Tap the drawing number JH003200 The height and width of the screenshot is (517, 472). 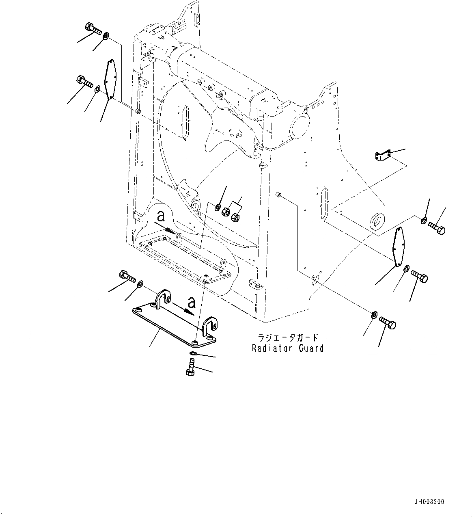coord(429,502)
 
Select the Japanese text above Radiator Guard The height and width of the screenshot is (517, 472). coord(288,338)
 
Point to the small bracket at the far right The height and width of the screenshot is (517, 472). coord(383,156)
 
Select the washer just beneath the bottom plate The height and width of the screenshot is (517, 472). coord(193,354)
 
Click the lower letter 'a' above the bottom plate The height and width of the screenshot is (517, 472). coord(192,302)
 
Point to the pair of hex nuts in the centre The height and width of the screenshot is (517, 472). coord(231,214)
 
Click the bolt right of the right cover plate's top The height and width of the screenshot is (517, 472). coord(437,228)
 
